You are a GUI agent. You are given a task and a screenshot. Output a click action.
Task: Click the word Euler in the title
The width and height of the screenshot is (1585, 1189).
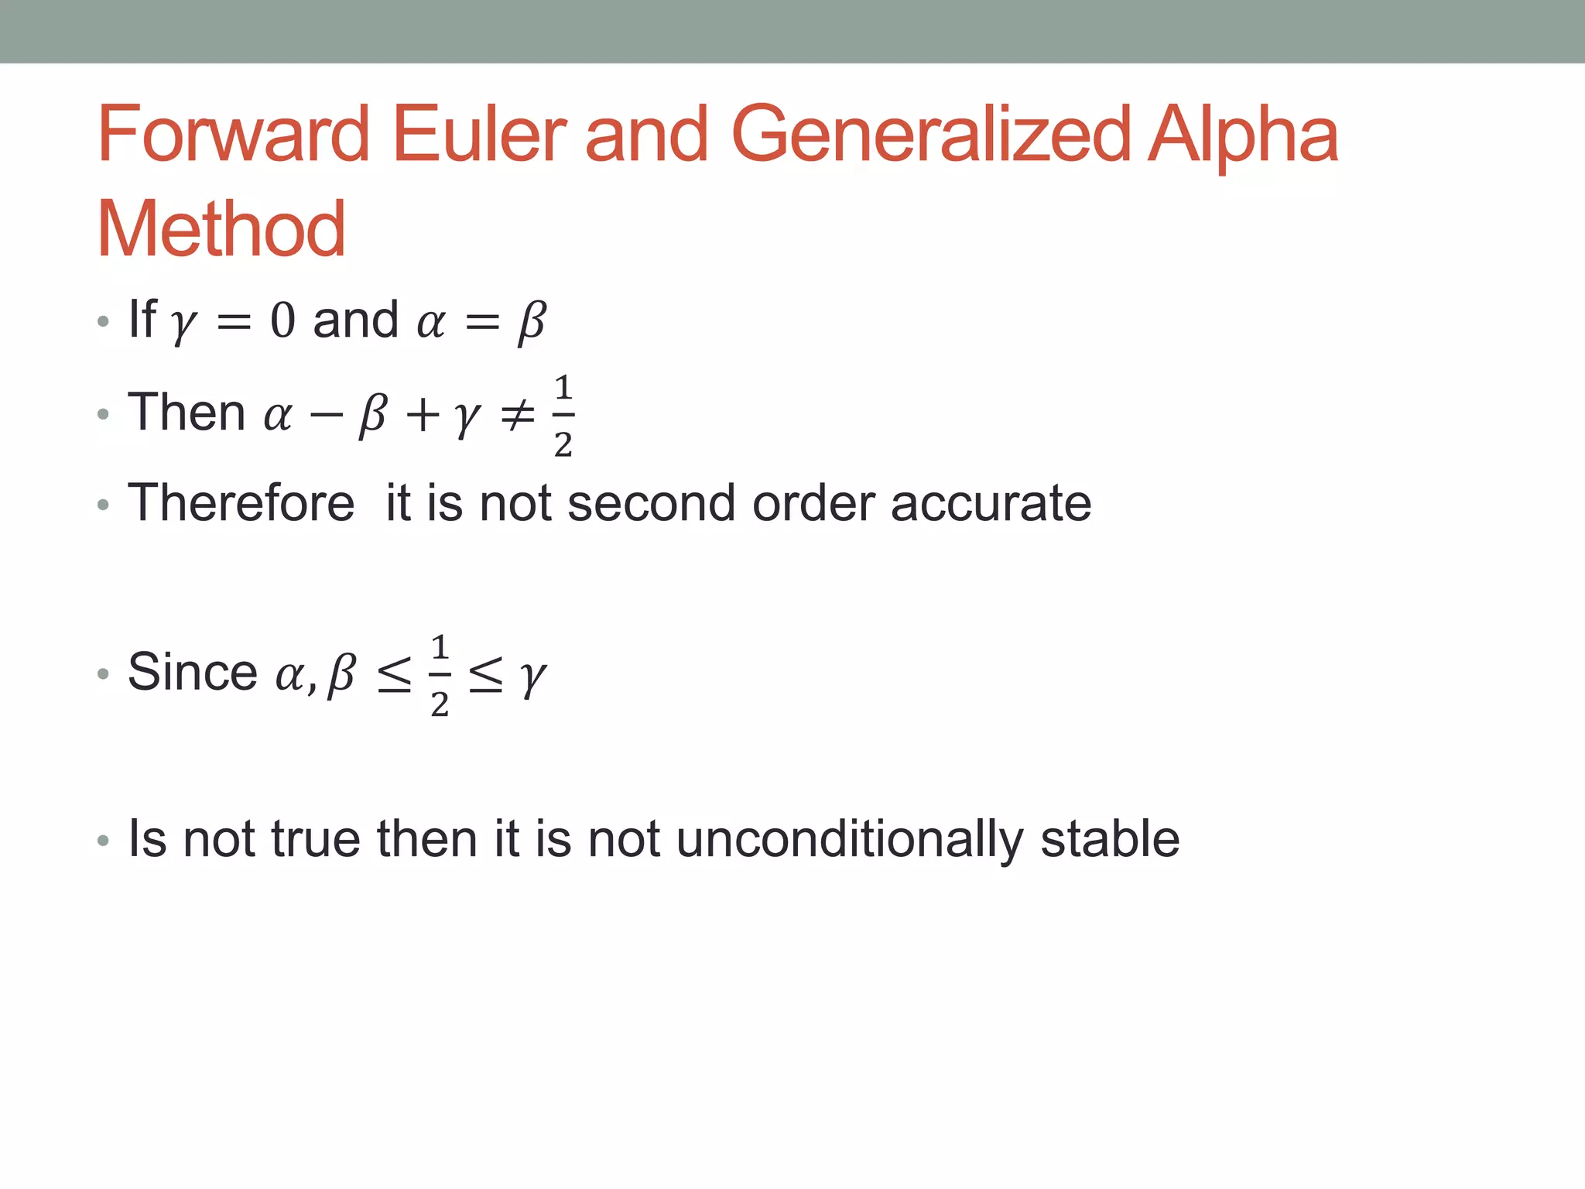pos(479,135)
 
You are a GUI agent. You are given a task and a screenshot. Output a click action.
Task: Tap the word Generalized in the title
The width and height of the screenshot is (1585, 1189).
pos(930,136)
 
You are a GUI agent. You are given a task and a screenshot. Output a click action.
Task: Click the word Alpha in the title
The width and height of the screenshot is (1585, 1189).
pos(1241,136)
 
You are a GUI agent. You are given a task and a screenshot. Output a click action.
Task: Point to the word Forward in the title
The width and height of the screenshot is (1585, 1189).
pos(233,135)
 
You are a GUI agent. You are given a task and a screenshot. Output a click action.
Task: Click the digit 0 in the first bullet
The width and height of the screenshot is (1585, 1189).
pos(282,320)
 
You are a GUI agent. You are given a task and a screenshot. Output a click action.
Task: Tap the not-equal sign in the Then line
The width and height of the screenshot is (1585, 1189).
pos(517,414)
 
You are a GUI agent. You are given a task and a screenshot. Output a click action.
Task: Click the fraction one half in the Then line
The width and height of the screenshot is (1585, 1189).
pos(563,415)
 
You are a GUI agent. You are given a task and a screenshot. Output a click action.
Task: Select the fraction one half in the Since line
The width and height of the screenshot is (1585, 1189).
pos(440,674)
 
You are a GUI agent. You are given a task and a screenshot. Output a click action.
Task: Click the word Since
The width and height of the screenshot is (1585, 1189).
pos(192,671)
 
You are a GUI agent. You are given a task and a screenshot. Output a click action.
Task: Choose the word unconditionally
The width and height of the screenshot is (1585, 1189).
pos(849,840)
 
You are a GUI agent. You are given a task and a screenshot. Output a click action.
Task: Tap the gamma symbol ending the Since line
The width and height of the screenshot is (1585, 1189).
pos(532,677)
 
